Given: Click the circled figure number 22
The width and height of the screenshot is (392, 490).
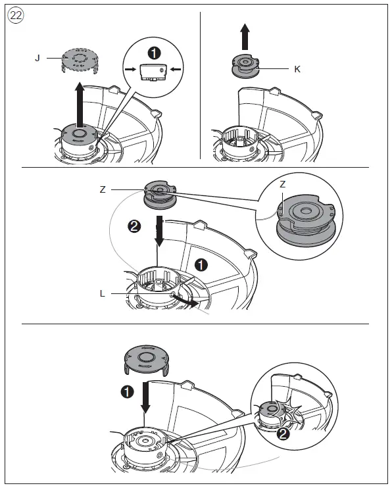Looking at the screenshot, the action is point(15,15).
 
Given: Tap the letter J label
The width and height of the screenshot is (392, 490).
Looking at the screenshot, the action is point(37,58).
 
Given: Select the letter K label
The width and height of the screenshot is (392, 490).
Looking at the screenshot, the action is point(297,69).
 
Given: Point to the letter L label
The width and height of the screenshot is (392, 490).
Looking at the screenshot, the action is point(102,293).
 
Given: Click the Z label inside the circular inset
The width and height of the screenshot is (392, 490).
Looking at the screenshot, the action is point(283,184).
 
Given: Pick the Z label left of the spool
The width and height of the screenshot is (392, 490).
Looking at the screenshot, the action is point(103,189).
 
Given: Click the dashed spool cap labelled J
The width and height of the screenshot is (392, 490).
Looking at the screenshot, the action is point(80,60).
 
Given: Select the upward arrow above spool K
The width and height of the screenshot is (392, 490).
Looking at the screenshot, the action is point(245,37).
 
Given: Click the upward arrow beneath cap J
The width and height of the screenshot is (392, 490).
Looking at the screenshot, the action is point(80,105).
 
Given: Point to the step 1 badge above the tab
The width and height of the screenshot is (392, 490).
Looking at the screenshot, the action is point(154,53).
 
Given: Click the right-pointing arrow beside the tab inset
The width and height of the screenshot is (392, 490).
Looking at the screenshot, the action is point(130,69).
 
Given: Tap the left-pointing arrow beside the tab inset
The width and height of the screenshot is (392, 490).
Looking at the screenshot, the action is point(176,69).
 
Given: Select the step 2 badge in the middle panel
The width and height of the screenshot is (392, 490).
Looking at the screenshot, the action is point(134,226).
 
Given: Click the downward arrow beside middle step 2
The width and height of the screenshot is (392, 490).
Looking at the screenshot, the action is point(159,231).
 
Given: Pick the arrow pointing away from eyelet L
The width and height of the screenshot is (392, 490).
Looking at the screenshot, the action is point(185,300).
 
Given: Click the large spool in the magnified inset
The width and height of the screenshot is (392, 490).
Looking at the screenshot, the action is point(305,220).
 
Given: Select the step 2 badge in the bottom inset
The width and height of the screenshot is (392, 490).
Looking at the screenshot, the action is point(283,434).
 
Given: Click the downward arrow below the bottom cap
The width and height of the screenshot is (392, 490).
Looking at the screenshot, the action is point(145,397).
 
